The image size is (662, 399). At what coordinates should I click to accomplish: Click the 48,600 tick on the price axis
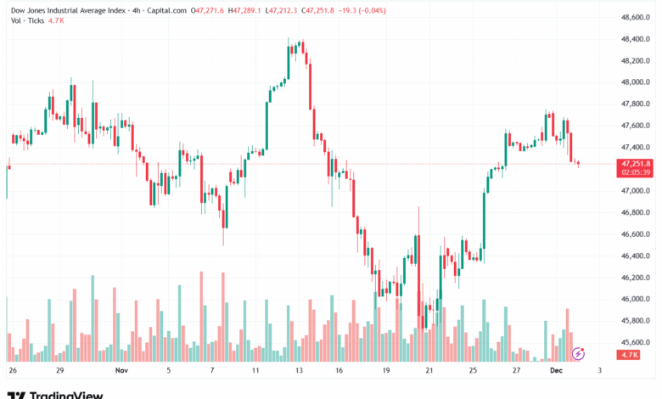pos(635,17)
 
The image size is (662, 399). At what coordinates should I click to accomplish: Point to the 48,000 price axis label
pos(635,82)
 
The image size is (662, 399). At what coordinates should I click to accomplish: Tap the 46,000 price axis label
pos(635,299)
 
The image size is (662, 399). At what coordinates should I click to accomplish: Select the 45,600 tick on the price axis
pos(635,342)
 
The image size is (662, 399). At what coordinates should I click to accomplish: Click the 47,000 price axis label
pos(635,191)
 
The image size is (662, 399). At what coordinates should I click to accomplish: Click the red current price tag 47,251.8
pos(636,163)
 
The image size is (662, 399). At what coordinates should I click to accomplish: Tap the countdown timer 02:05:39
pos(636,171)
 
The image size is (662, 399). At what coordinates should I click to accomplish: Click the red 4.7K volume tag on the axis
pos(629,354)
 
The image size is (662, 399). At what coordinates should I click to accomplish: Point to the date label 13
pos(300,371)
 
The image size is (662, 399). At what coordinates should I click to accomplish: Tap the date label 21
pos(429,371)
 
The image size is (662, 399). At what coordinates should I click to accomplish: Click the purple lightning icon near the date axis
pos(579,352)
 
